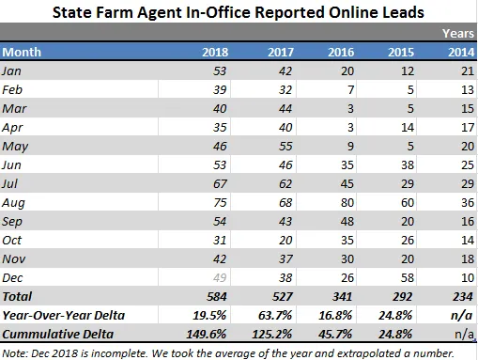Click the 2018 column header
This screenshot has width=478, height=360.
click(x=215, y=52)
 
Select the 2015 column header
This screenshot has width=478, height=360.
click(x=401, y=52)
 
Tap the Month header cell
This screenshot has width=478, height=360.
click(x=22, y=52)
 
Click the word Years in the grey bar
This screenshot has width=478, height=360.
click(x=458, y=33)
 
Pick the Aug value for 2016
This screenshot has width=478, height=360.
click(x=347, y=203)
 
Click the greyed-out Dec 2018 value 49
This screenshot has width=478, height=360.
click(x=220, y=277)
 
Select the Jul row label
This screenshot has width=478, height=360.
click(x=9, y=183)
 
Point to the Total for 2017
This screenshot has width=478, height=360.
click(x=283, y=296)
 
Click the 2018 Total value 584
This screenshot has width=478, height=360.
click(x=217, y=296)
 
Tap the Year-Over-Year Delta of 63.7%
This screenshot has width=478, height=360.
click(x=275, y=315)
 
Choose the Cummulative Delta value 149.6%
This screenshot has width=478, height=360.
click(x=207, y=334)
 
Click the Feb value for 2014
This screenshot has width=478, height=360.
click(x=468, y=90)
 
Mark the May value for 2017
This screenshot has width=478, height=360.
click(x=285, y=147)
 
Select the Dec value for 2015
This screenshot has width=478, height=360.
click(x=408, y=278)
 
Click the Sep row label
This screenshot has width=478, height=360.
click(x=12, y=222)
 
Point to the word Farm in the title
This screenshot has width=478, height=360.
click(x=115, y=13)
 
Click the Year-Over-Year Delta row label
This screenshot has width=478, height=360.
click(x=64, y=315)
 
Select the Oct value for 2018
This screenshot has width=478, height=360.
click(x=220, y=241)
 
